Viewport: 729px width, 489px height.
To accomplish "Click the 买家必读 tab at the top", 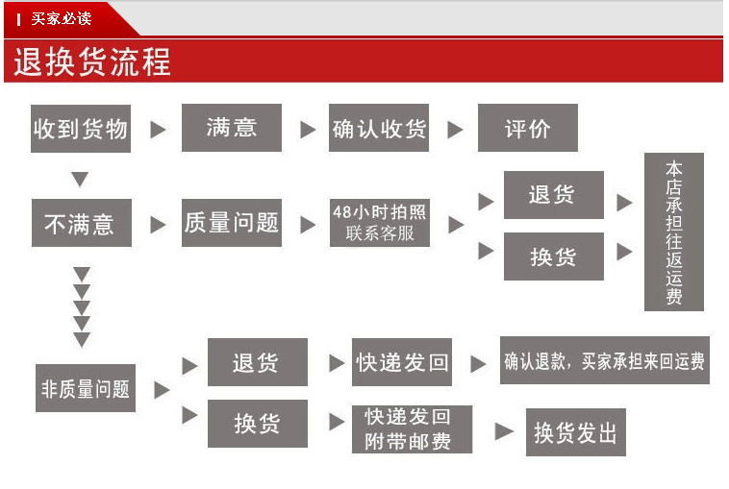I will point(60,18).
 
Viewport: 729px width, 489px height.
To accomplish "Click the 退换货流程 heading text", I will point(91,61).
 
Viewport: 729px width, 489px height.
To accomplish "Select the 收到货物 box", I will point(81,128).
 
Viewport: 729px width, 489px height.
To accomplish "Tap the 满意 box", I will point(231,127).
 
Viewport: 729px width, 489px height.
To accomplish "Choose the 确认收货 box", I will point(379,128).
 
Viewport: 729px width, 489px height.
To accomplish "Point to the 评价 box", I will point(527,128).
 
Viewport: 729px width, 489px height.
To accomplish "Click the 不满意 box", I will point(81,223).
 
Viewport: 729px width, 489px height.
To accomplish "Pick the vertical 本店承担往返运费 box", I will point(673,232).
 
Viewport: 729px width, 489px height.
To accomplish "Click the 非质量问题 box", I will point(85,388).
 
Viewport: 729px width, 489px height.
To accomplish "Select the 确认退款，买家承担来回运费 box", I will point(604,361).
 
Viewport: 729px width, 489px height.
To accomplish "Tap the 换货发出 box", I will point(575,432).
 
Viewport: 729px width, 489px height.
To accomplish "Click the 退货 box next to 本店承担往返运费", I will point(553,195).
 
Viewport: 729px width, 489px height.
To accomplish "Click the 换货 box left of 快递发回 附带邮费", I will point(257,423).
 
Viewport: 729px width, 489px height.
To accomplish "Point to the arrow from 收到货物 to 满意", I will point(159,129).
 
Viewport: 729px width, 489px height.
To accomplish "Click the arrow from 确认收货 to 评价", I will point(456,129).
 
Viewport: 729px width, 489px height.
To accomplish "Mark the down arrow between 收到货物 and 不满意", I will point(81,180).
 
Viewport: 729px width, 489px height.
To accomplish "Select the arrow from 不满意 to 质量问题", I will point(159,224).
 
